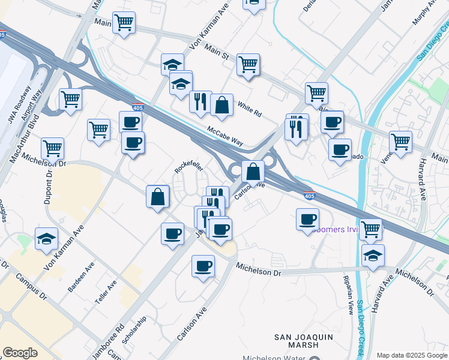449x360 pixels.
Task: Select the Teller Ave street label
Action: (x=109, y=292)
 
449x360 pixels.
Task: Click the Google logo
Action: (x=20, y=353)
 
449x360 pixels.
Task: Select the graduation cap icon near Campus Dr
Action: (x=46, y=239)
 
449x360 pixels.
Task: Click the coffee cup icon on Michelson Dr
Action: (x=203, y=265)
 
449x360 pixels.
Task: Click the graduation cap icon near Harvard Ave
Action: (x=373, y=256)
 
